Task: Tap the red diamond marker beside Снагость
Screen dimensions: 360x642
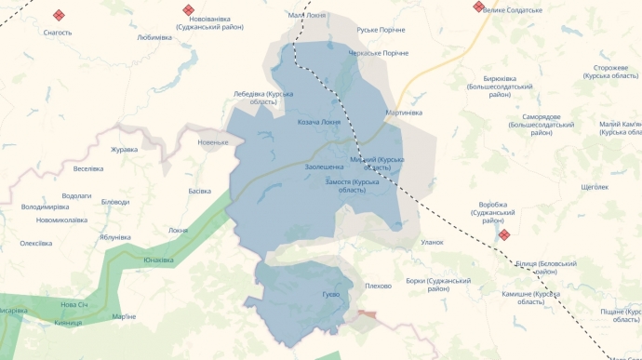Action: pos(59,15)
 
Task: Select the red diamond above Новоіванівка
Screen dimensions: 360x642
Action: pos(188,9)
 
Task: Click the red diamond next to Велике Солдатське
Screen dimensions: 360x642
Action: pos(478,7)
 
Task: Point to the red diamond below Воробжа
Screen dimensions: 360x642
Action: pos(504,235)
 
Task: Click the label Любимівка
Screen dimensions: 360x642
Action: pos(154,38)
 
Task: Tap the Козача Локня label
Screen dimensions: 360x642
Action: pos(319,122)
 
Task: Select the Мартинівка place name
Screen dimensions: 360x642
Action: pos(404,113)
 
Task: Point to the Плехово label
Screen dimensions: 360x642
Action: pos(379,286)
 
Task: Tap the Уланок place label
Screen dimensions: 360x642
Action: pos(433,242)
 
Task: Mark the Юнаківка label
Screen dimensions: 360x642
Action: pos(158,260)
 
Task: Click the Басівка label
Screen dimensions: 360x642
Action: pos(200,191)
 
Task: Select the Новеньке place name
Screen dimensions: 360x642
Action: pos(213,142)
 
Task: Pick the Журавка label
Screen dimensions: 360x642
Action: pos(124,149)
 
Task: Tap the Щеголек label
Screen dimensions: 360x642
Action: pos(594,187)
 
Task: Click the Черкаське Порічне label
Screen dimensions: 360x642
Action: pos(378,53)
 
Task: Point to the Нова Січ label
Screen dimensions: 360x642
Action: pos(74,304)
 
